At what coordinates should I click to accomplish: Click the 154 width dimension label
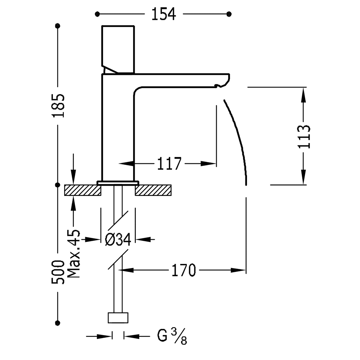point(164,14)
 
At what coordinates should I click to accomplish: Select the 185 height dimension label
point(58,105)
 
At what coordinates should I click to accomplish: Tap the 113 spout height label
point(304,137)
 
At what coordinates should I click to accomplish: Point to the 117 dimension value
point(169,163)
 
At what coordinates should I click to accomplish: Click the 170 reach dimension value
point(184,270)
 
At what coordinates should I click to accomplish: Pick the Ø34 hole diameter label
point(118,239)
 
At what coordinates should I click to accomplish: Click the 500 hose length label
point(58,272)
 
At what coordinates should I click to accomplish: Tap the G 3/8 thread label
point(172,337)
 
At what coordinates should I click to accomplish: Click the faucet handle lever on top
point(118,50)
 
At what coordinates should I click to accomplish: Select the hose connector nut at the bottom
point(118,318)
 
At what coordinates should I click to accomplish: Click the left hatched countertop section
point(83,190)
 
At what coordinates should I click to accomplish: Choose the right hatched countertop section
point(153,190)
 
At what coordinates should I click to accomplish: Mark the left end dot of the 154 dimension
point(97,14)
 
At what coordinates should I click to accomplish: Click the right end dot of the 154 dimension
point(229,14)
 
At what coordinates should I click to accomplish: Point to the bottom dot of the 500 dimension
point(58,323)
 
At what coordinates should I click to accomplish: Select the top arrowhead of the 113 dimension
point(303,95)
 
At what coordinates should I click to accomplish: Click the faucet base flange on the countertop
point(118,183)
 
